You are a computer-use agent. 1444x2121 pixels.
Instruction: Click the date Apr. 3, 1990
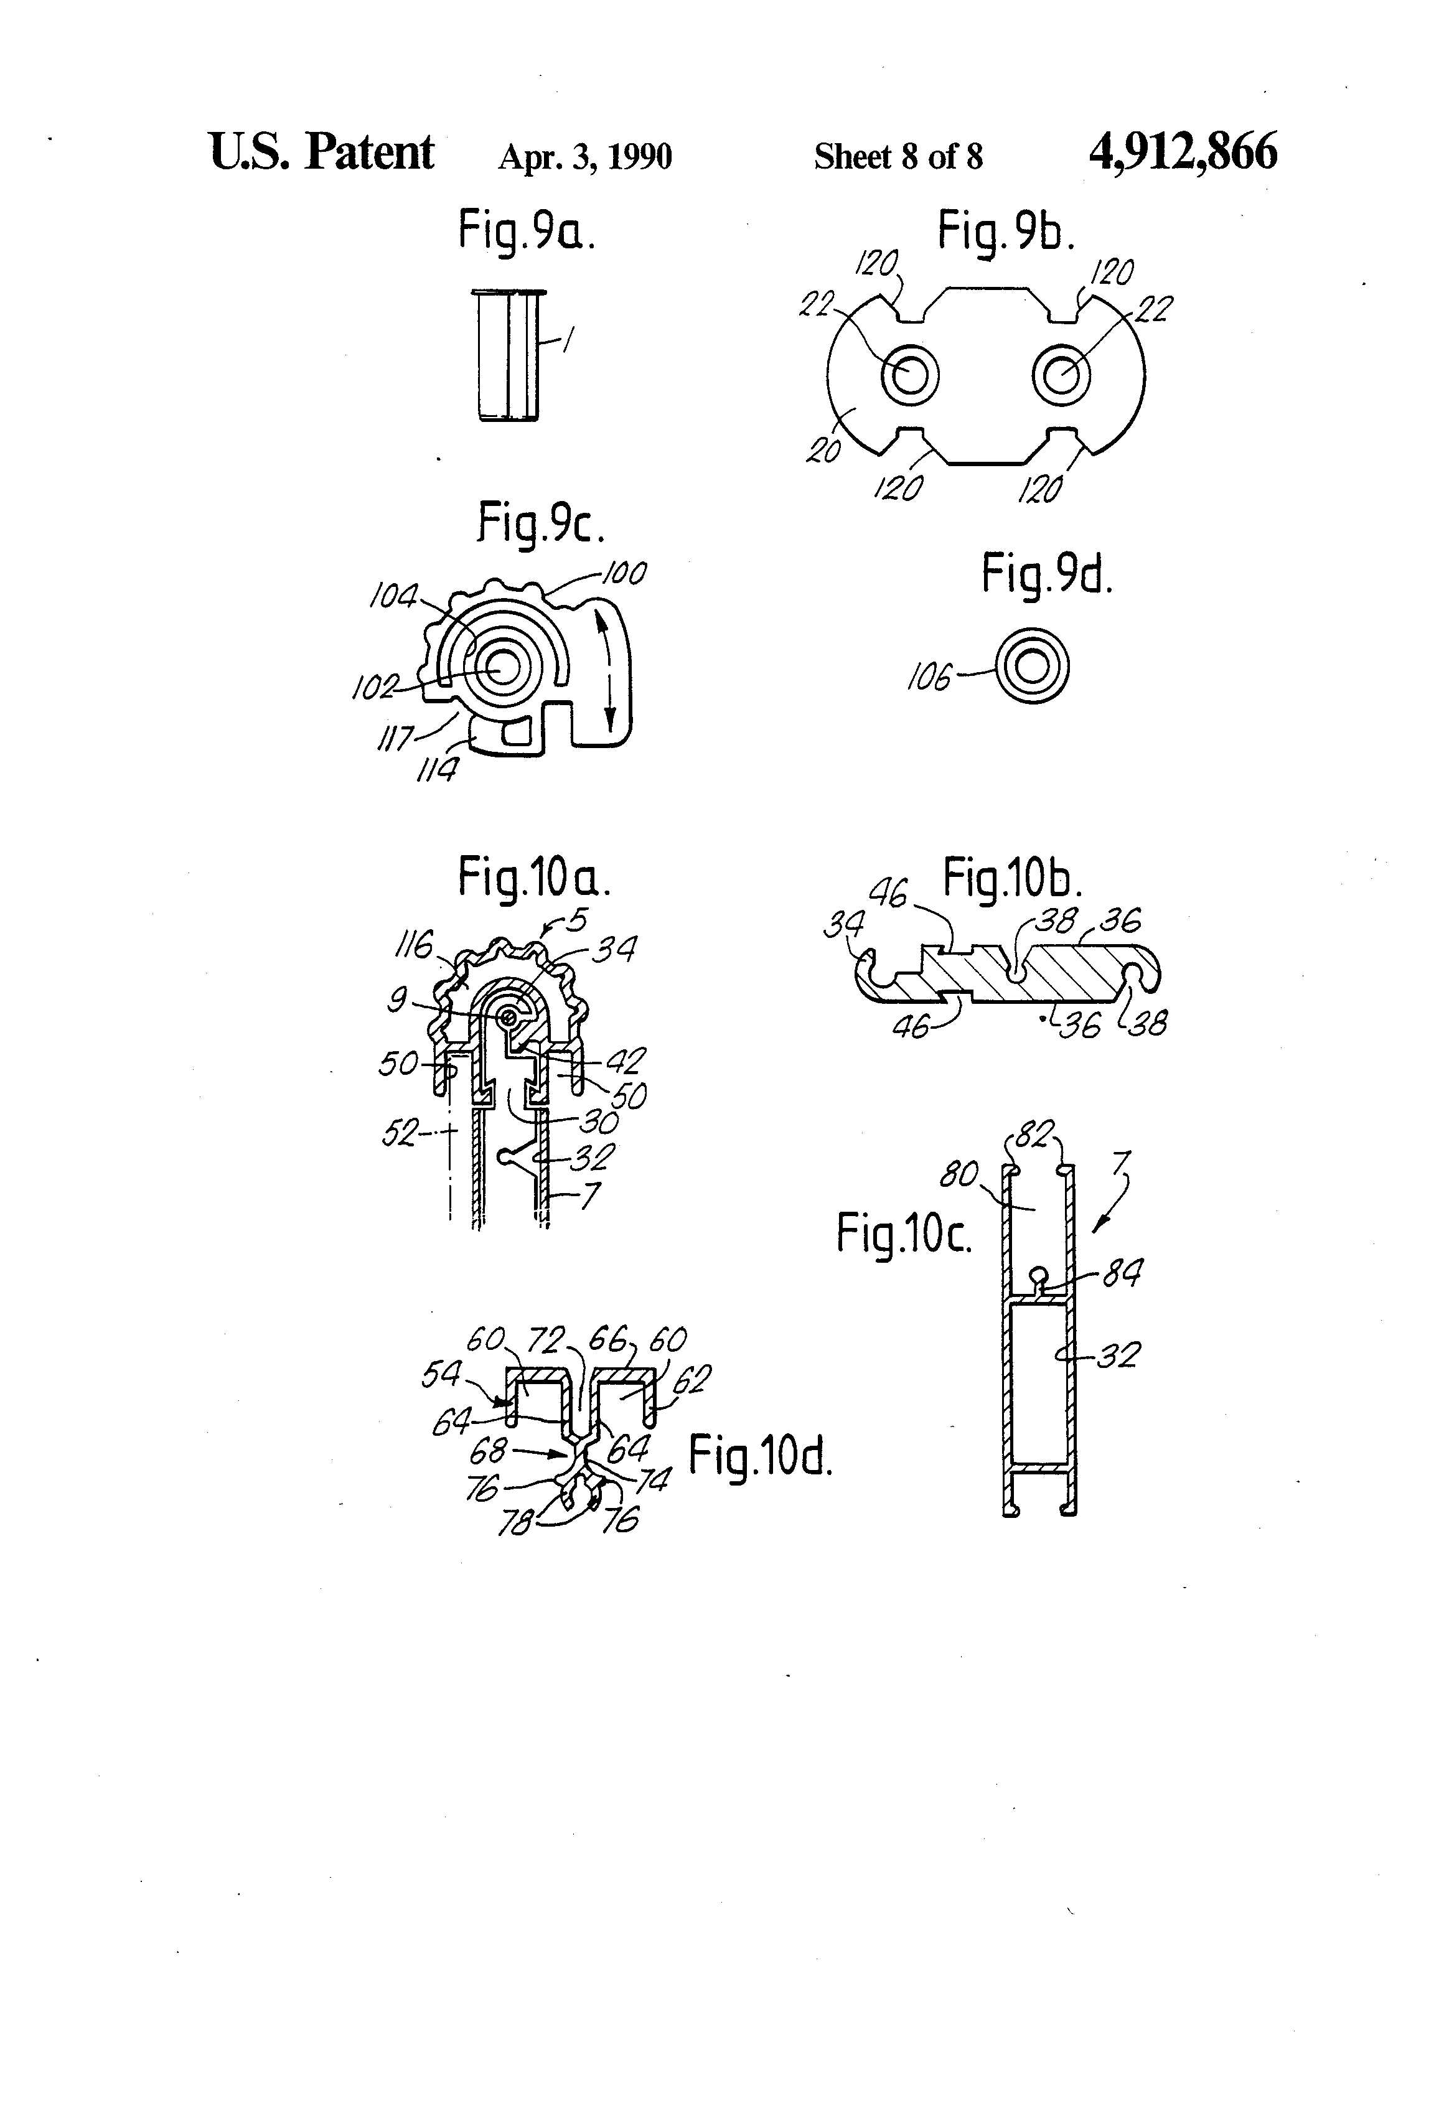coord(584,157)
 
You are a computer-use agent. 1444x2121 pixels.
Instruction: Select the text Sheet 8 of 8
coord(898,157)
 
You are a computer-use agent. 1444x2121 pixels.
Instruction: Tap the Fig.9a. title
coord(527,230)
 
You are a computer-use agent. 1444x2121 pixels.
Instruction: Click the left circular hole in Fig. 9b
coord(910,374)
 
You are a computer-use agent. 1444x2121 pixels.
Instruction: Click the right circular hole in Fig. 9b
coord(1061,374)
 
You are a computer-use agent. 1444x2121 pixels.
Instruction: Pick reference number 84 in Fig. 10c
coord(1122,1273)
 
